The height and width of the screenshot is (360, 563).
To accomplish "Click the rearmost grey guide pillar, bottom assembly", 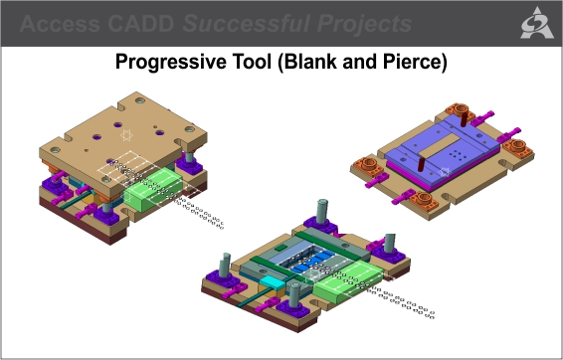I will tap(323, 212).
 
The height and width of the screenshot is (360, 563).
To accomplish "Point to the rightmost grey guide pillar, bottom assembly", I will tap(390, 242).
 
